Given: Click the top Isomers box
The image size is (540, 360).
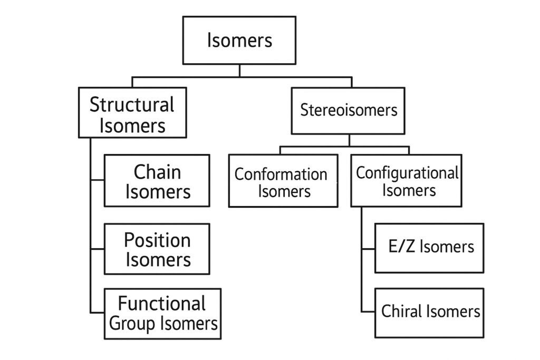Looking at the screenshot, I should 239,40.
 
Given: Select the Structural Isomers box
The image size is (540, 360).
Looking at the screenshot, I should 132,112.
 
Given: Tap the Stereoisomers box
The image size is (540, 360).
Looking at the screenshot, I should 348,110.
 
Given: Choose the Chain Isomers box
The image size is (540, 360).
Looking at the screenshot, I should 157,181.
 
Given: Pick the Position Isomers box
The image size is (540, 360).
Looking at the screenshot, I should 157,249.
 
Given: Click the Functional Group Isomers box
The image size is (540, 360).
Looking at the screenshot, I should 162,313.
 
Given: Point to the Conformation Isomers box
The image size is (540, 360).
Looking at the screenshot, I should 283,181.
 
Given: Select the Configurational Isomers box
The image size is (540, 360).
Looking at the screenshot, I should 406,180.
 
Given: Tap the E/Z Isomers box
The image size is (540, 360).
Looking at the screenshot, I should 429,248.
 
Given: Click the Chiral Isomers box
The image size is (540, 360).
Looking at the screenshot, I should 429,313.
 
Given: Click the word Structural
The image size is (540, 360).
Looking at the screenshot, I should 132,104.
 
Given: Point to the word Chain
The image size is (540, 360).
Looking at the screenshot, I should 157,171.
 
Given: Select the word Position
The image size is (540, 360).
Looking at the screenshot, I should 157,240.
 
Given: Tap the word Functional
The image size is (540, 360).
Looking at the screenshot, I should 162,304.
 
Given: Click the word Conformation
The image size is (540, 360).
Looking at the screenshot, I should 281,174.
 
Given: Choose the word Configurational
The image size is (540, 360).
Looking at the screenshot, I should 407,172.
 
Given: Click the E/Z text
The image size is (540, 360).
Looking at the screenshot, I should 399,247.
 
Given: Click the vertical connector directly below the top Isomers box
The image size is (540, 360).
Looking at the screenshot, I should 239,71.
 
